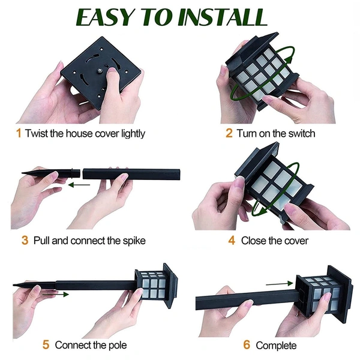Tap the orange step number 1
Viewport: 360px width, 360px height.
pyautogui.click(x=18, y=133)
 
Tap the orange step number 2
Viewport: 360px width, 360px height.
pyautogui.click(x=229, y=133)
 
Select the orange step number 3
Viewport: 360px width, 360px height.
pyautogui.click(x=25, y=241)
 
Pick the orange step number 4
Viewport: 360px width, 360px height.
pyautogui.click(x=231, y=241)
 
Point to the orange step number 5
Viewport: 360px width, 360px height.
pyautogui.click(x=46, y=344)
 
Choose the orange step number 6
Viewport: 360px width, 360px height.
pyautogui.click(x=247, y=345)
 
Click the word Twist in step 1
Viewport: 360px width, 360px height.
pyautogui.click(x=37, y=133)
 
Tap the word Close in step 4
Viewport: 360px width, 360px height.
pyautogui.click(x=254, y=241)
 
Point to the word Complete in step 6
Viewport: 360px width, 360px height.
pyautogui.click(x=276, y=345)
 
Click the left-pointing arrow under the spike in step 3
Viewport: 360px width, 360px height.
pyautogui.click(x=77, y=185)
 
